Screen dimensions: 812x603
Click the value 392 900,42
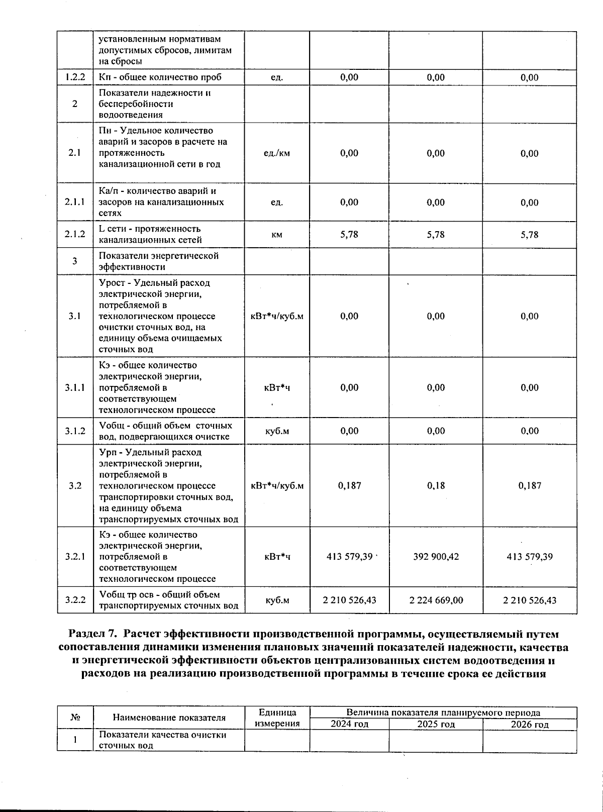[x=436, y=557]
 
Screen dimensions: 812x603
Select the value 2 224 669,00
[x=436, y=600]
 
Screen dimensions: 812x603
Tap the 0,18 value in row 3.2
[x=436, y=486]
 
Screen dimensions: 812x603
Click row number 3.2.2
[x=75, y=600]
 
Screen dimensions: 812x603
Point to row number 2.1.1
[x=75, y=202]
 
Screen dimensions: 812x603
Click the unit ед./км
[x=277, y=153]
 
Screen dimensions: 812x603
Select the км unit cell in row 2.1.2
[x=277, y=235]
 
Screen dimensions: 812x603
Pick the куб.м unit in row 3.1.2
[x=277, y=431]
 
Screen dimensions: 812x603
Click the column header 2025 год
[x=436, y=724]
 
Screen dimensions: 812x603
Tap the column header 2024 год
[x=349, y=724]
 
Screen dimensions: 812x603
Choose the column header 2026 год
[x=530, y=724]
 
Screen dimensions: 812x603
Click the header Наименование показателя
[x=169, y=718]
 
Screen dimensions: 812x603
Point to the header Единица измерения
[x=277, y=718]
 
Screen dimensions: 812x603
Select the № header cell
[x=75, y=718]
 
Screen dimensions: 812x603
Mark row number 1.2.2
[x=75, y=77]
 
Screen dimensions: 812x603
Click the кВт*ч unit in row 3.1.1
[x=277, y=387]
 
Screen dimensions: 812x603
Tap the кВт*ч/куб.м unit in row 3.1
[x=277, y=317]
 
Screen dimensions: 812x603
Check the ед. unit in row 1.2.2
[x=277, y=77]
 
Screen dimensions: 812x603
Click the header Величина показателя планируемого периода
[x=443, y=713]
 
